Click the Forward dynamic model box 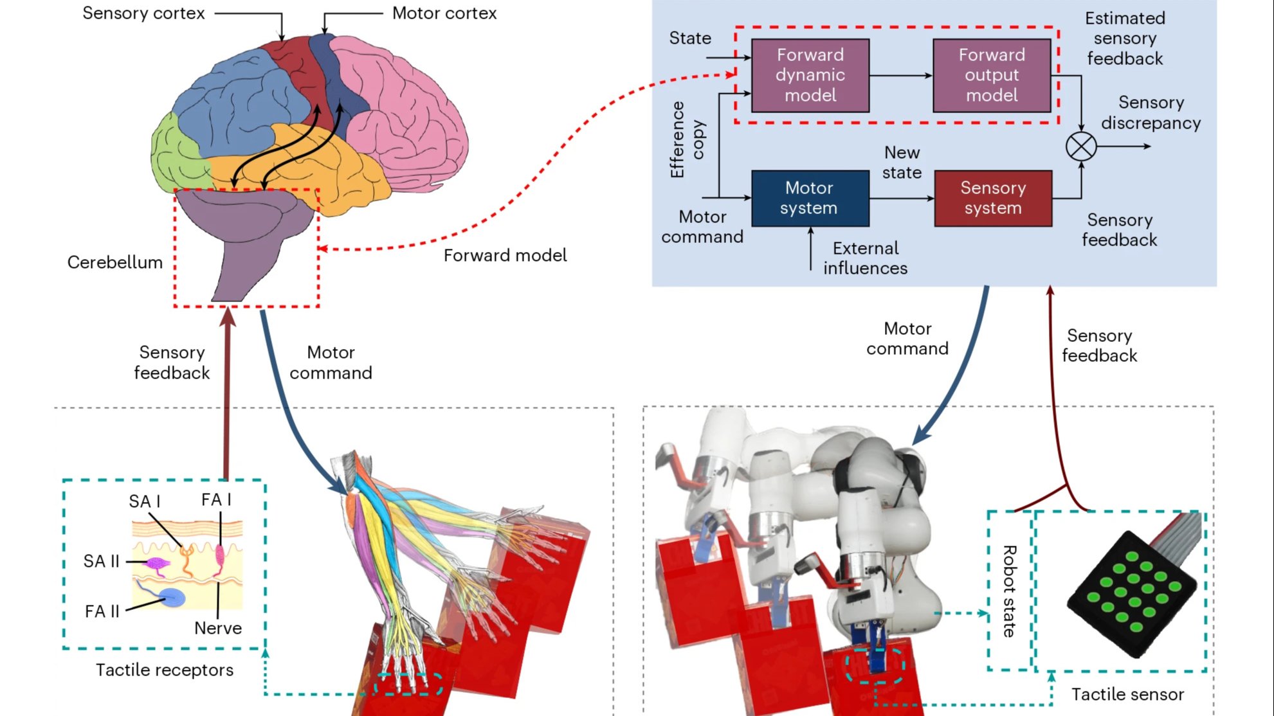coord(810,75)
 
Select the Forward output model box coord(991,75)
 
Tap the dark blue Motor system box coord(810,198)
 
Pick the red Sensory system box coord(992,198)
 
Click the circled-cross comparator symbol coord(1081,147)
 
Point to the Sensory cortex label coord(143,13)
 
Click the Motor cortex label coord(444,13)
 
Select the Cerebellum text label coord(114,262)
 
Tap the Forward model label coord(505,256)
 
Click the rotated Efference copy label coord(687,139)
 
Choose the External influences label coord(865,258)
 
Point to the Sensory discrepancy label coord(1151,112)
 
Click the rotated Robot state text coord(1010,591)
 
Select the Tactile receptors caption coord(165,670)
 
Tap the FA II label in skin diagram coord(102,611)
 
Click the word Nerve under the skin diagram coord(218,628)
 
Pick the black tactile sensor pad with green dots coord(1132,591)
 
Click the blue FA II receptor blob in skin coord(172,598)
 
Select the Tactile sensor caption coord(1127,695)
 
